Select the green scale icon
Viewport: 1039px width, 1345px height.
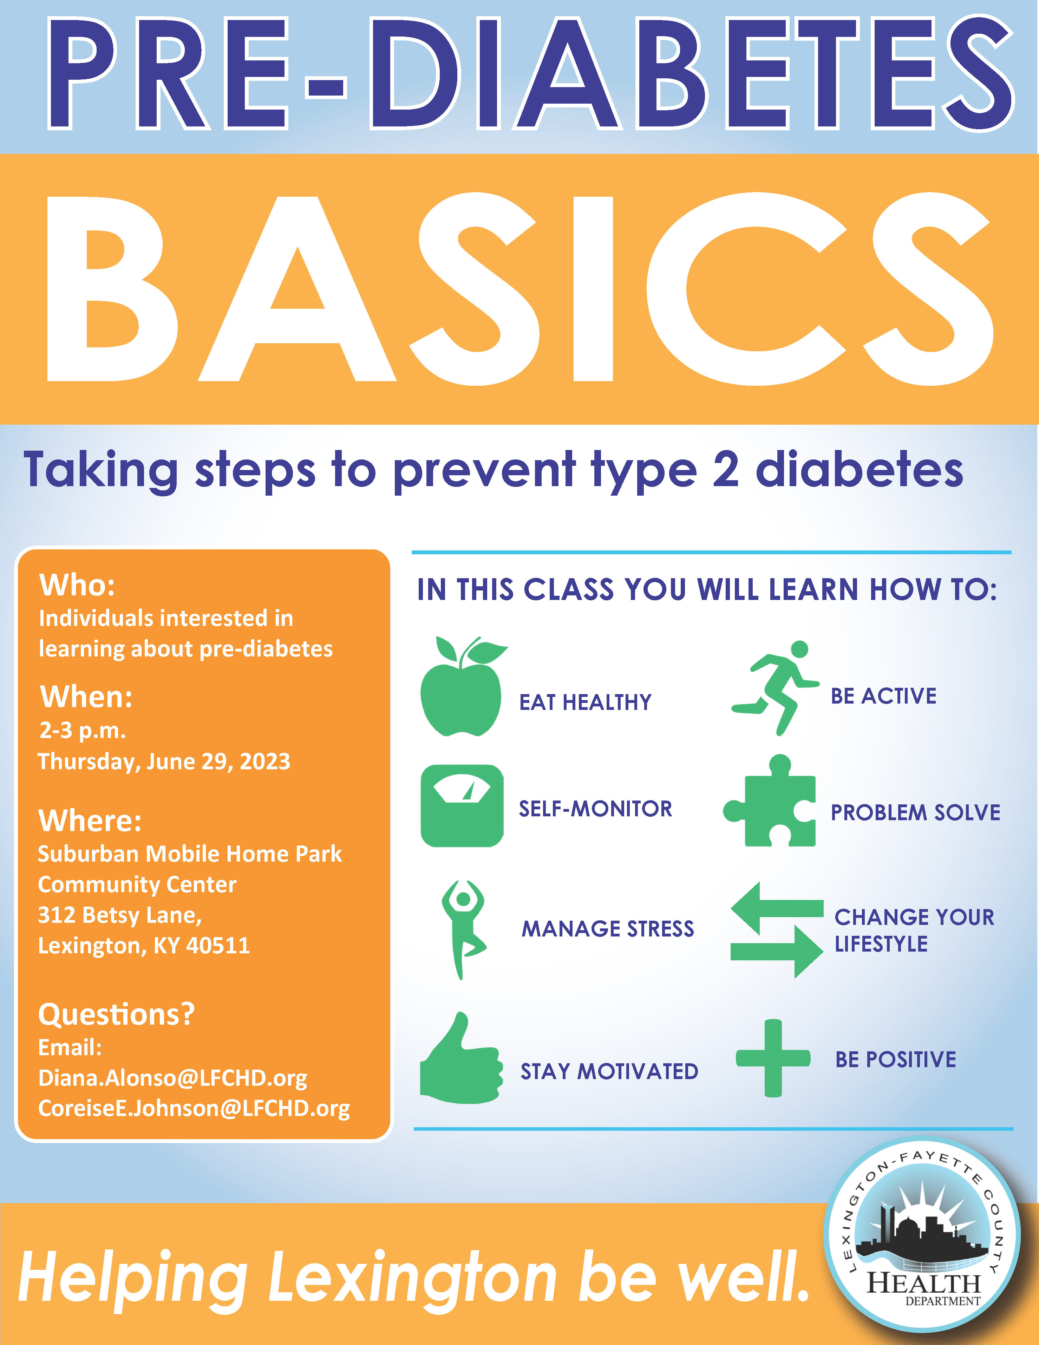pos(462,805)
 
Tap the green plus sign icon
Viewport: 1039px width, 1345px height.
pos(773,1058)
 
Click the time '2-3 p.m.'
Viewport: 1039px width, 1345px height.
pos(83,731)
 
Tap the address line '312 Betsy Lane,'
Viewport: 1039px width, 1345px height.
pos(120,915)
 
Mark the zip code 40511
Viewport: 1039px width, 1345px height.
pos(218,945)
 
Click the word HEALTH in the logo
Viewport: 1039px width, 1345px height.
pos(924,1284)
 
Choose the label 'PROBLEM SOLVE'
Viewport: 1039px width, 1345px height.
pos(915,813)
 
